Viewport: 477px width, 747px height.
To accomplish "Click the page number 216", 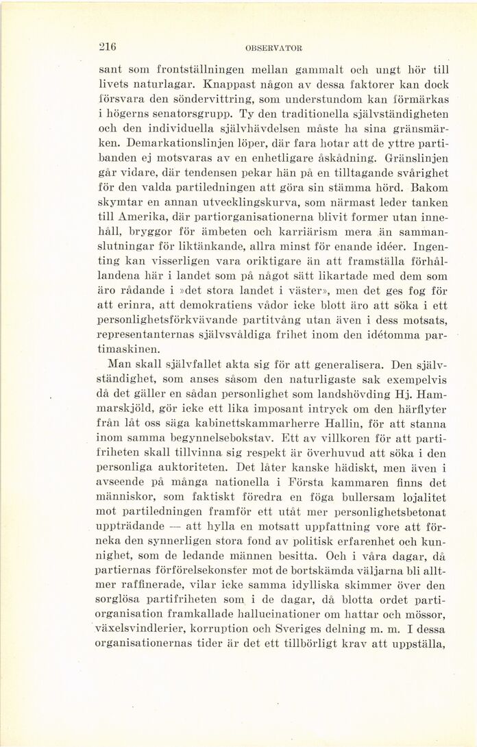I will point(108,47).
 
